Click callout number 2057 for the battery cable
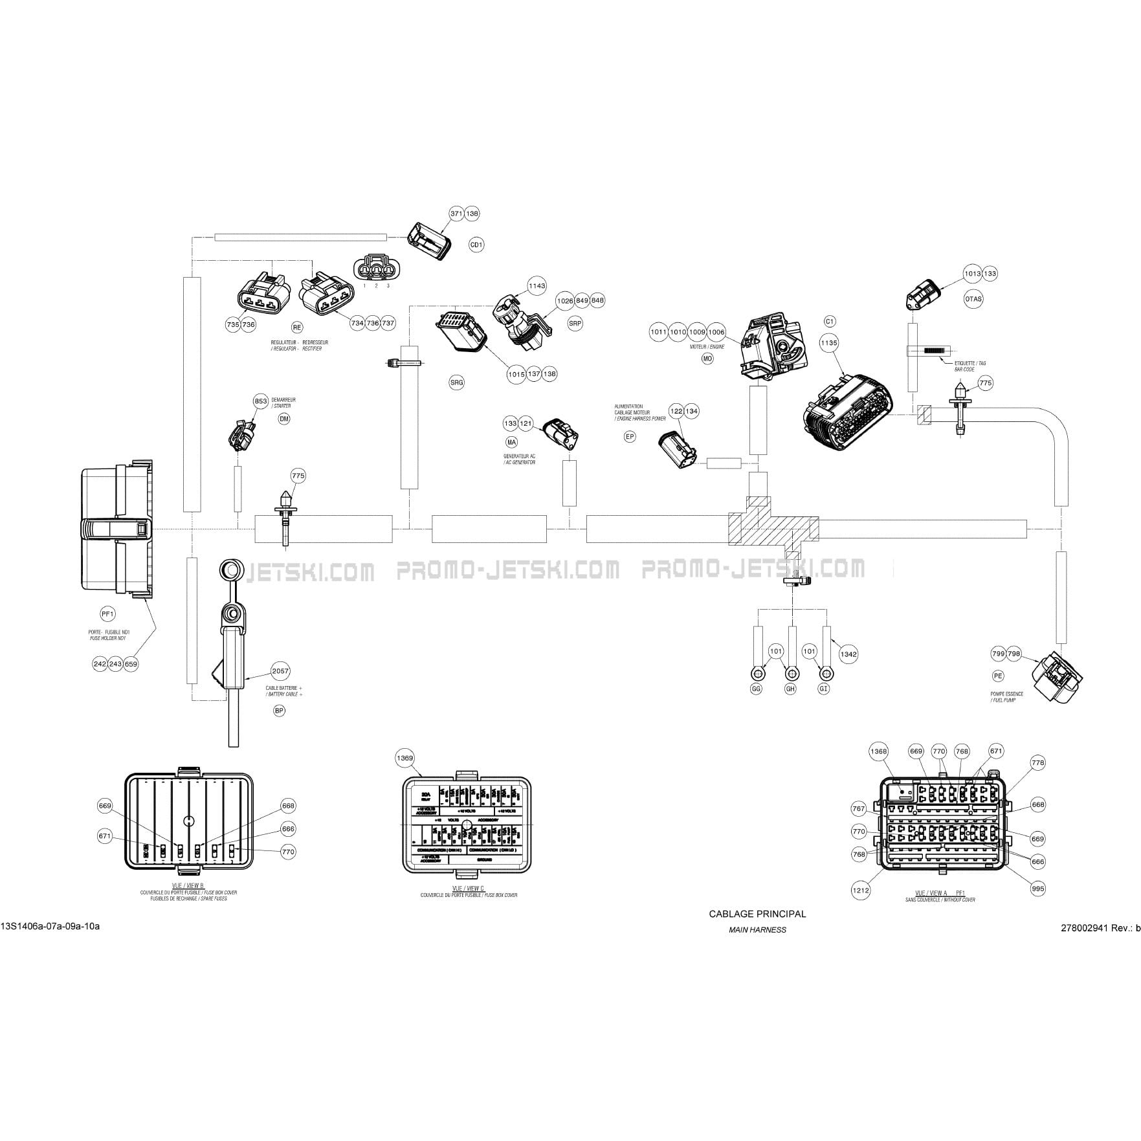pyautogui.click(x=280, y=671)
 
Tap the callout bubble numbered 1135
pyautogui.click(x=828, y=343)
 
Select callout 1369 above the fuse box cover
pyautogui.click(x=405, y=758)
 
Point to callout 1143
pyautogui.click(x=537, y=285)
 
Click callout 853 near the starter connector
pyautogui.click(x=260, y=401)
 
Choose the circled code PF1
pyautogui.click(x=107, y=614)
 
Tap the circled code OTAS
pyautogui.click(x=973, y=299)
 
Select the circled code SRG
pyautogui.click(x=457, y=382)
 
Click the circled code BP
pyautogui.click(x=279, y=711)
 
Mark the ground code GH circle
pyautogui.click(x=790, y=689)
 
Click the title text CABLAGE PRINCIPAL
pyautogui.click(x=757, y=914)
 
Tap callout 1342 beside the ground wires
pyautogui.click(x=848, y=654)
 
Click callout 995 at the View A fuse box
pyautogui.click(x=1037, y=889)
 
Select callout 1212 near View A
pyautogui.click(x=860, y=890)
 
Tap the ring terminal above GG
pyautogui.click(x=757, y=670)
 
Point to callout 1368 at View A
pyautogui.click(x=878, y=751)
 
